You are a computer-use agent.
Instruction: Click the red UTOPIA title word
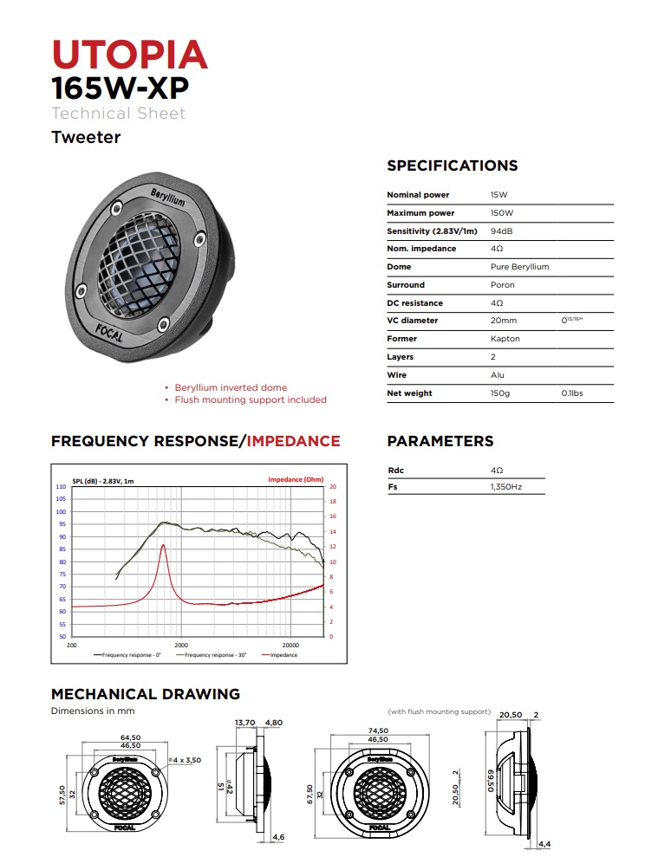tap(130, 54)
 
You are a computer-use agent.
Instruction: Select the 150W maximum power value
tap(502, 213)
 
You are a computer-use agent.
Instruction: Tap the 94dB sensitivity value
tap(502, 231)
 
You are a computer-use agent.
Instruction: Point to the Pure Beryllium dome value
tap(519, 267)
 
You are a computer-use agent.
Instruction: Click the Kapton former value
tap(505, 339)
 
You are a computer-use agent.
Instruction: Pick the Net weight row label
tap(409, 393)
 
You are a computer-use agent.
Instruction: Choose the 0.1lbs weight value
tap(572, 393)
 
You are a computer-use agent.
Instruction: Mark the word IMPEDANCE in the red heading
tap(294, 441)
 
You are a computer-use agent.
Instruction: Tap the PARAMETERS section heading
tap(440, 441)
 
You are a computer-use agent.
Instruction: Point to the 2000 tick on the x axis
tap(181, 646)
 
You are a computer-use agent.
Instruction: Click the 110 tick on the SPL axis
tap(61, 487)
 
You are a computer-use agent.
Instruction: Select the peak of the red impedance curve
tap(163, 545)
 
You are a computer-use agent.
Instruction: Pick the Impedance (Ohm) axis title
tap(296, 479)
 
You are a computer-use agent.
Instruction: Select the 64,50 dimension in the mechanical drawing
tap(130, 737)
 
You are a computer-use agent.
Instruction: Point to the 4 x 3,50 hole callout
tap(187, 760)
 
